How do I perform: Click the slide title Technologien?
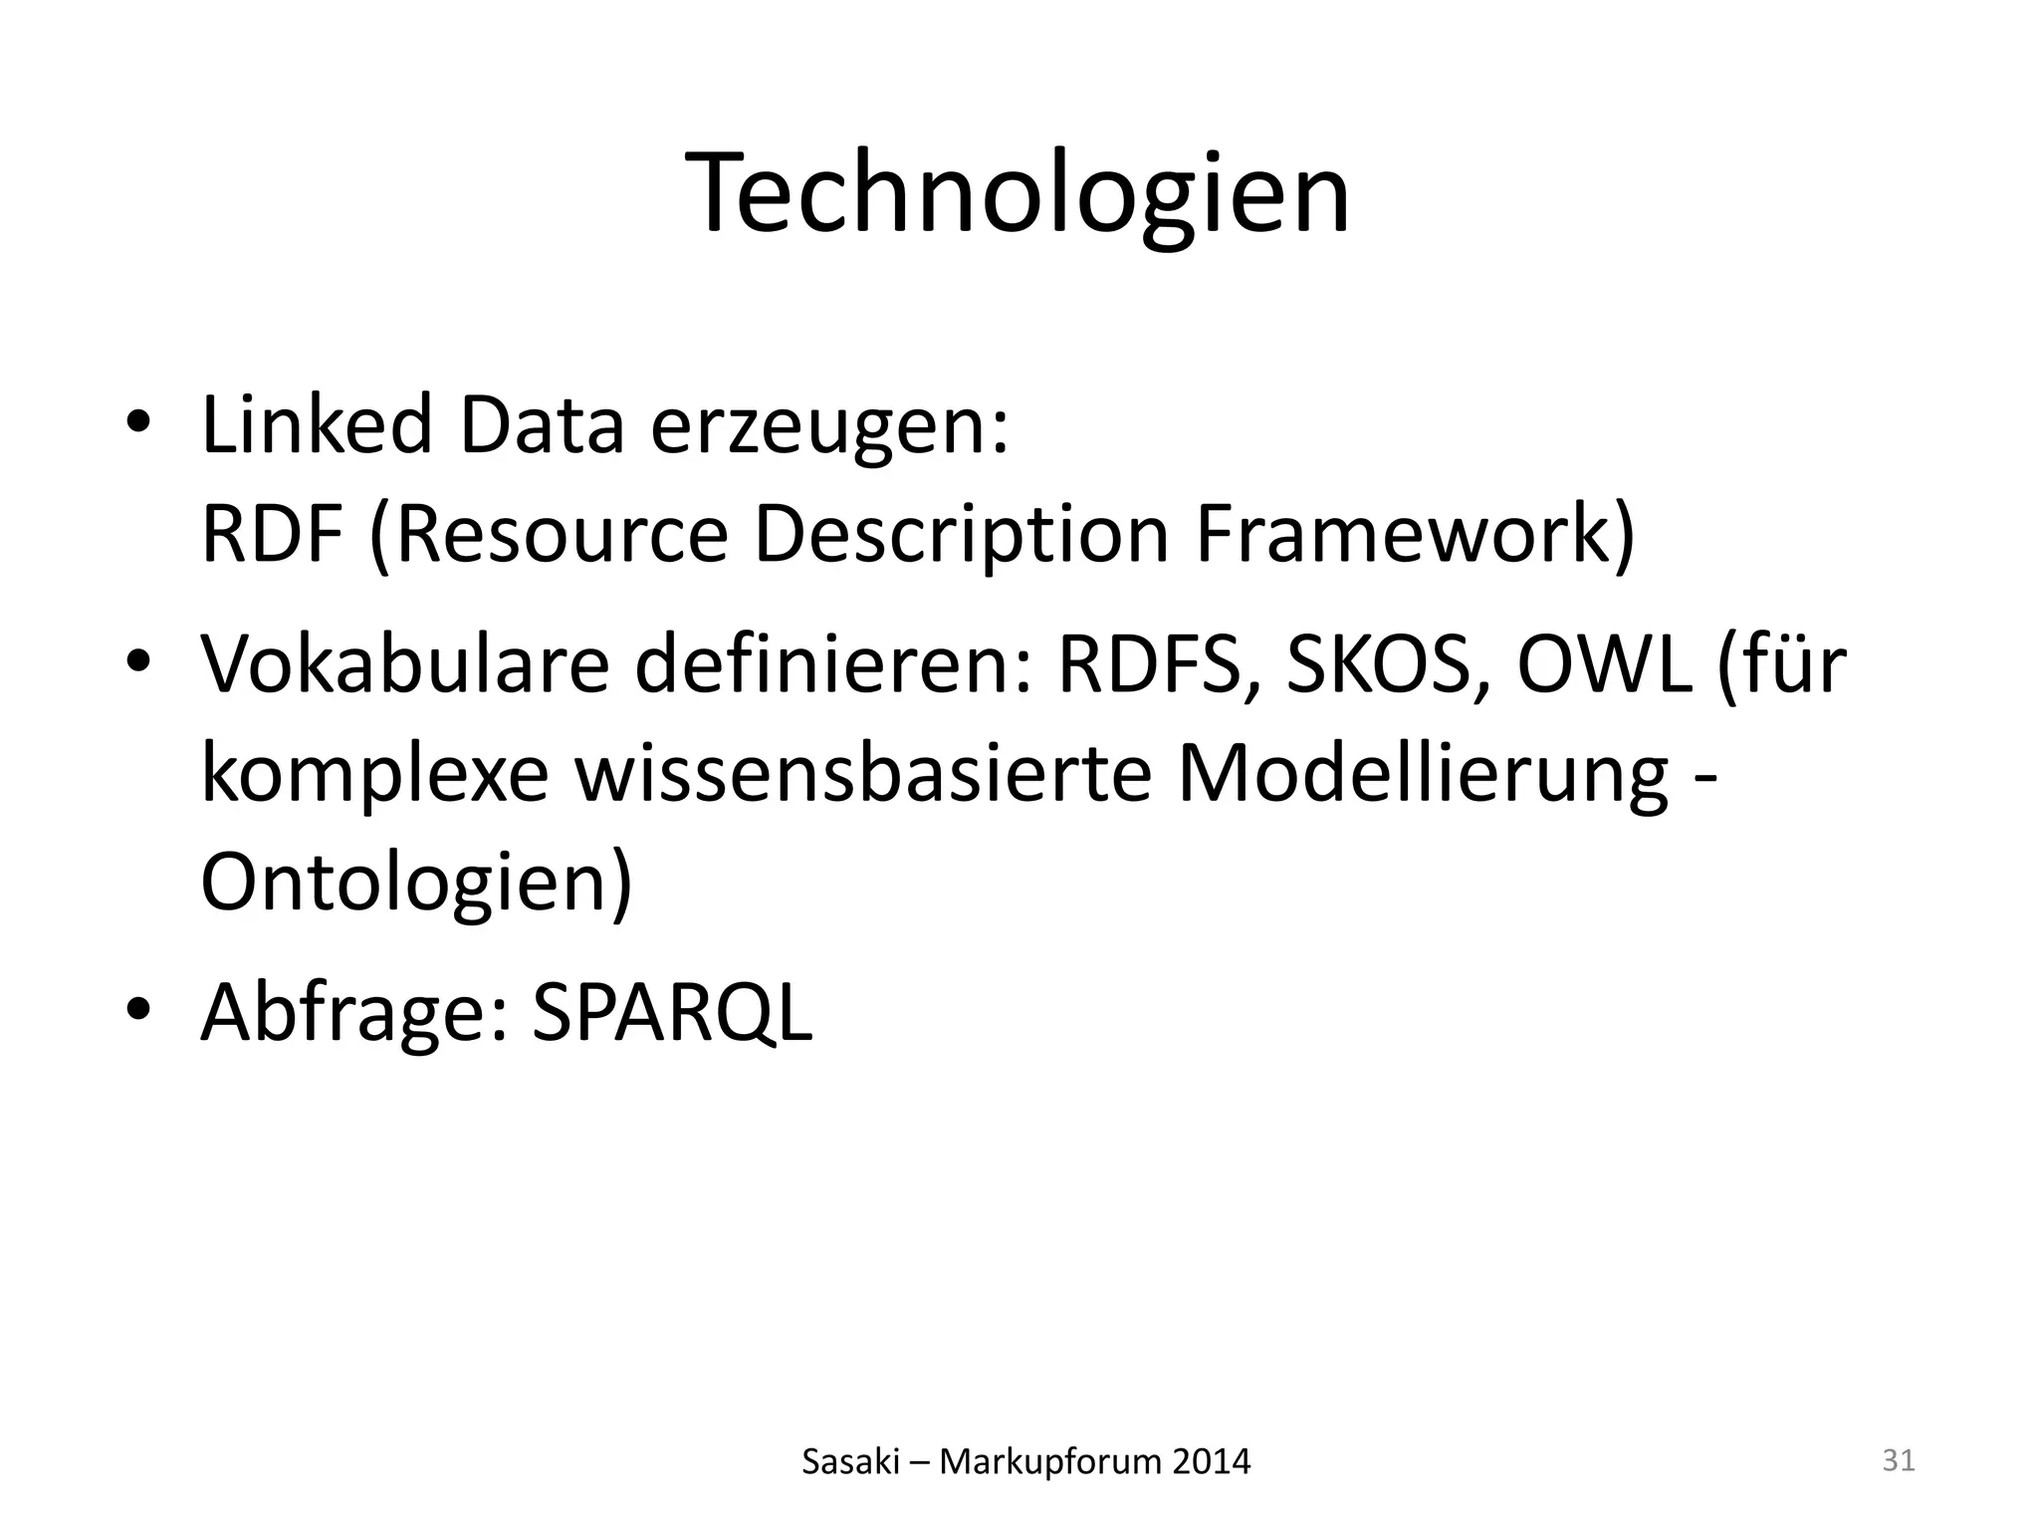point(1018,193)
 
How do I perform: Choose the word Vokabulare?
point(404,663)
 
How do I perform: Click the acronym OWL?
point(1603,665)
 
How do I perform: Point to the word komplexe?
point(374,775)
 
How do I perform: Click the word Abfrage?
point(354,1012)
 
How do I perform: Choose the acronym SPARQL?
point(672,1014)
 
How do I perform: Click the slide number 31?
point(1899,1460)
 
